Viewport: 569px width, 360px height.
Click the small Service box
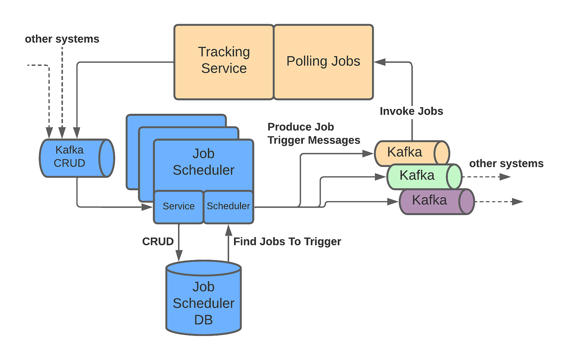pos(178,207)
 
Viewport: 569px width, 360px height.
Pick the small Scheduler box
pos(228,207)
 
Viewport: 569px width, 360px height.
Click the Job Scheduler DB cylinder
pos(204,301)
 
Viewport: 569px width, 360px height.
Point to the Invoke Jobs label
pos(411,111)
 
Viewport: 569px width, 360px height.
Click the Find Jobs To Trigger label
pos(287,241)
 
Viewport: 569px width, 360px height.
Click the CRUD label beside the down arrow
pos(158,241)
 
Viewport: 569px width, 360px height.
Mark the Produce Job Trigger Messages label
pos(313,134)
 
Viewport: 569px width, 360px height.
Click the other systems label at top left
pos(62,39)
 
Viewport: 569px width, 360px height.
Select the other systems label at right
pos(506,163)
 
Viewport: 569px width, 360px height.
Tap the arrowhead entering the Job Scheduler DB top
pos(178,256)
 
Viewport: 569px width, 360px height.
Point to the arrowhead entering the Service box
pos(147,207)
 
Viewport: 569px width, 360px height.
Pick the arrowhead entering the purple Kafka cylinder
pos(393,202)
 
